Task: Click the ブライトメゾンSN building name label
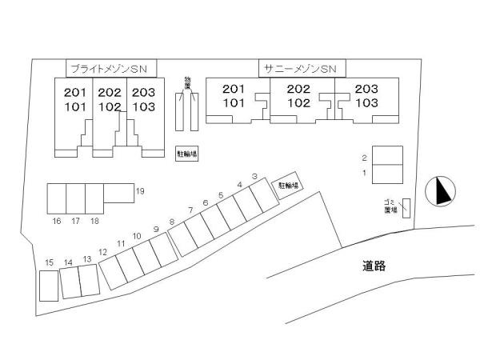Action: tap(109, 69)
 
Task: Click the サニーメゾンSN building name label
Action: tap(300, 69)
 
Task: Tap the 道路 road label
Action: tap(374, 266)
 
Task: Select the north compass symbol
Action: tap(440, 191)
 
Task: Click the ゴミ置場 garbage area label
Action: tap(391, 206)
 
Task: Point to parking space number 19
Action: tap(118, 193)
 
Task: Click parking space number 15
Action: tap(49, 286)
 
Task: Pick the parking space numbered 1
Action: tap(387, 174)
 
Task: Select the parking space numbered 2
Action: tap(387, 155)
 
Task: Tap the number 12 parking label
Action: tap(103, 252)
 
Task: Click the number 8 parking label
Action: tap(172, 222)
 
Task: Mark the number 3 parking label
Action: tap(254, 176)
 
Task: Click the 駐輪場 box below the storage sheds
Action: tap(186, 154)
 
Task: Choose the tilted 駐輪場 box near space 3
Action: tap(288, 186)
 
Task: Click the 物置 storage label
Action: tap(187, 83)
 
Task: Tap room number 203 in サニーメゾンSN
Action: tap(366, 89)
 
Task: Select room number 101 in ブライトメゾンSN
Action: tap(75, 107)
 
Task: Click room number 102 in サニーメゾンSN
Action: tap(298, 103)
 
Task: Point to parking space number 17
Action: tap(76, 198)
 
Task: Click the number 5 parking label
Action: tap(221, 195)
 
